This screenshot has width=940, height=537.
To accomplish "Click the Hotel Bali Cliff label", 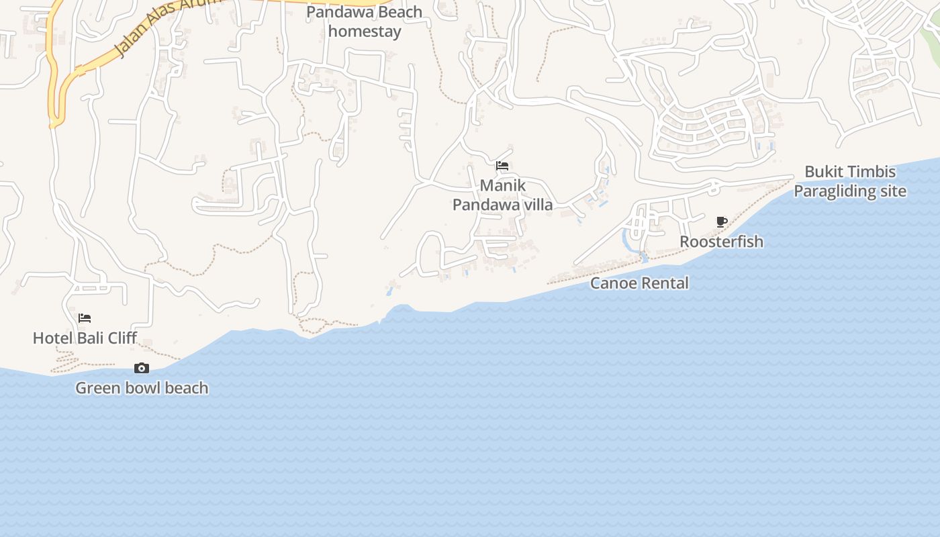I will [x=85, y=338].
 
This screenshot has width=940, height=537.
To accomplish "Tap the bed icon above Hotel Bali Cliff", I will [x=85, y=318].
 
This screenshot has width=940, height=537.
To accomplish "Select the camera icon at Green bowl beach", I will [x=142, y=368].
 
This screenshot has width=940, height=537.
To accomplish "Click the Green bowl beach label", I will [x=142, y=388].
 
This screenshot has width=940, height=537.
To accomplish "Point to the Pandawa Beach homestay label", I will [x=365, y=21].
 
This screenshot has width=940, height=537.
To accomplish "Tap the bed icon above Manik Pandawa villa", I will [x=502, y=166].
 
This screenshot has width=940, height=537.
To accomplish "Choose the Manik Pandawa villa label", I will [x=502, y=195].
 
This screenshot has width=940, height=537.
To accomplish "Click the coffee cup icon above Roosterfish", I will [x=722, y=222].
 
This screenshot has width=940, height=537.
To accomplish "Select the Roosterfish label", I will [x=722, y=242].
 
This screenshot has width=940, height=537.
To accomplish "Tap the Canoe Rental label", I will [x=639, y=283].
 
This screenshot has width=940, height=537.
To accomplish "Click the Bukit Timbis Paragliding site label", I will [x=850, y=181].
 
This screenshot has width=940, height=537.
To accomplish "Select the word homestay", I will [x=365, y=32].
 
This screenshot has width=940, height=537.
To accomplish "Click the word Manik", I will [x=502, y=185].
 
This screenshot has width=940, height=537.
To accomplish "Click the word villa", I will [x=536, y=205].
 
